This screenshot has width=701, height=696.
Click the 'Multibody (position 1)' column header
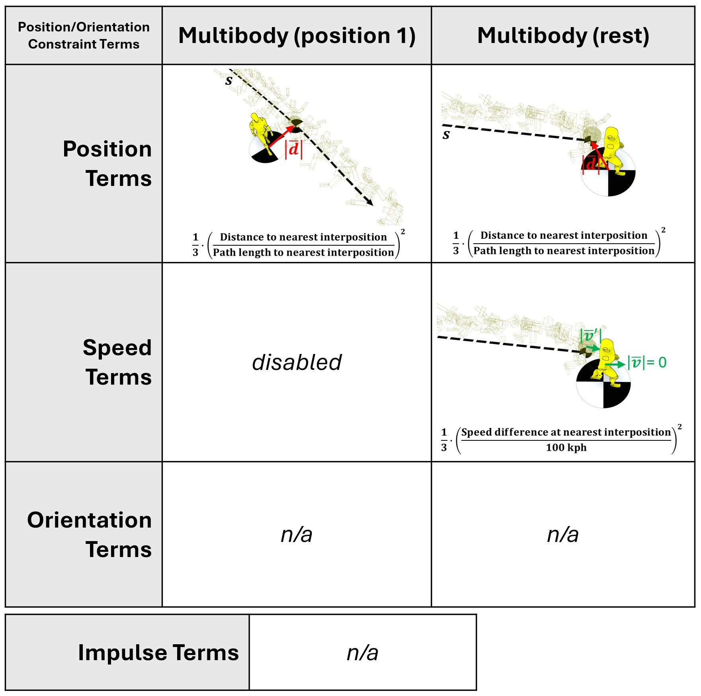297,36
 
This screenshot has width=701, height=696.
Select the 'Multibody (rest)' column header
563,36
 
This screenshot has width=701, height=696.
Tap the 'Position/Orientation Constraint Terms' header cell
84,35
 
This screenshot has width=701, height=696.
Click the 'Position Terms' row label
107,163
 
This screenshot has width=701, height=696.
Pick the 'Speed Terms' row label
117,362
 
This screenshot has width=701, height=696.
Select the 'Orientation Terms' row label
90,534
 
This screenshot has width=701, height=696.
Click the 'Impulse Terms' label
158,652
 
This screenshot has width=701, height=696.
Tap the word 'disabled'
297,362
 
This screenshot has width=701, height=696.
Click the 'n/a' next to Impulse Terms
362,653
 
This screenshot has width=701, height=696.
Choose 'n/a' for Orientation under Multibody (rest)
562,534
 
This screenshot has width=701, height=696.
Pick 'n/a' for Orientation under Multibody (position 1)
297,534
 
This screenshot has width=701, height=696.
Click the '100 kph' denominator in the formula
566,448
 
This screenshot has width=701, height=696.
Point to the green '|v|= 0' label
646,362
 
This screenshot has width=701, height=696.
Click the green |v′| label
590,335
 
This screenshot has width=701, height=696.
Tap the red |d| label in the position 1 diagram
293,149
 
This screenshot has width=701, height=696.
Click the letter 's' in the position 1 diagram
228,80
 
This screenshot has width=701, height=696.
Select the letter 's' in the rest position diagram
446,135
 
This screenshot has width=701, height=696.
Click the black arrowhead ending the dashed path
370,203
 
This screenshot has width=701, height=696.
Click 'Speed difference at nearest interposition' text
566,432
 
